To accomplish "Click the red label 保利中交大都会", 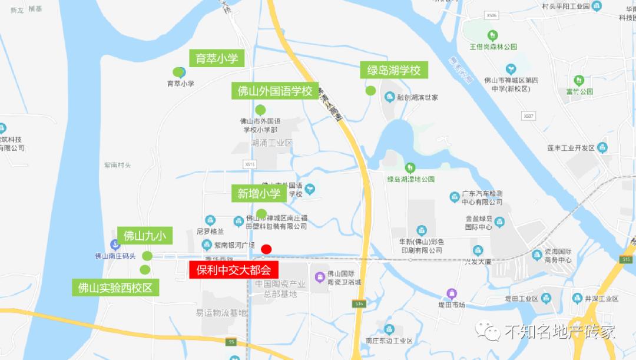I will [x=233, y=270].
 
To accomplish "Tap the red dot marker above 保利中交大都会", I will [x=266, y=249].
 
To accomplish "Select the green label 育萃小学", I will [x=217, y=58].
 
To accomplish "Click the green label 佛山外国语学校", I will [x=274, y=91].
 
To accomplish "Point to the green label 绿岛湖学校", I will [x=394, y=71].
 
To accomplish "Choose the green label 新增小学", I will [x=259, y=193].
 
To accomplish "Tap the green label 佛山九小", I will [x=144, y=236].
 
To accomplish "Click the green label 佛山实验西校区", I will [x=115, y=288].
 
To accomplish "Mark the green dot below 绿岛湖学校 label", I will [x=371, y=91].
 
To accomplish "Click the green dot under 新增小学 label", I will [x=261, y=213].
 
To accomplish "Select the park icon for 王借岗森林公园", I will [x=493, y=35].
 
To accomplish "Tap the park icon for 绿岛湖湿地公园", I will [x=410, y=168].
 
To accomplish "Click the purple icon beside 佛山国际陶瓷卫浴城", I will [x=320, y=276].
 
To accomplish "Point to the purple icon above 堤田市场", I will [x=452, y=293].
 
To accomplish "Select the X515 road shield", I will [x=251, y=164].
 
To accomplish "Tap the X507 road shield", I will [x=528, y=116].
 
